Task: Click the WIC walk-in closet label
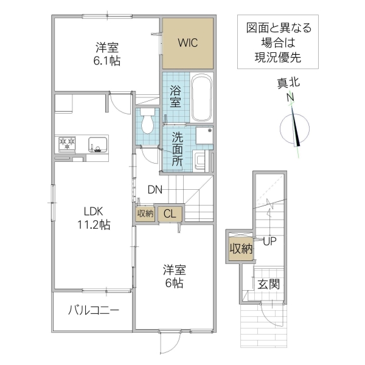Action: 187,43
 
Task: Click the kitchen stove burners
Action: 67,144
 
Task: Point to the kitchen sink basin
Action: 97,145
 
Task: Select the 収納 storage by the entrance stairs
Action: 240,248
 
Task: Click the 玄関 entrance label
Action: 268,283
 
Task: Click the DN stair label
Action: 155,189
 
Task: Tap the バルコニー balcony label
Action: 92,310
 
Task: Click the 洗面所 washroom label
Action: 177,148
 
